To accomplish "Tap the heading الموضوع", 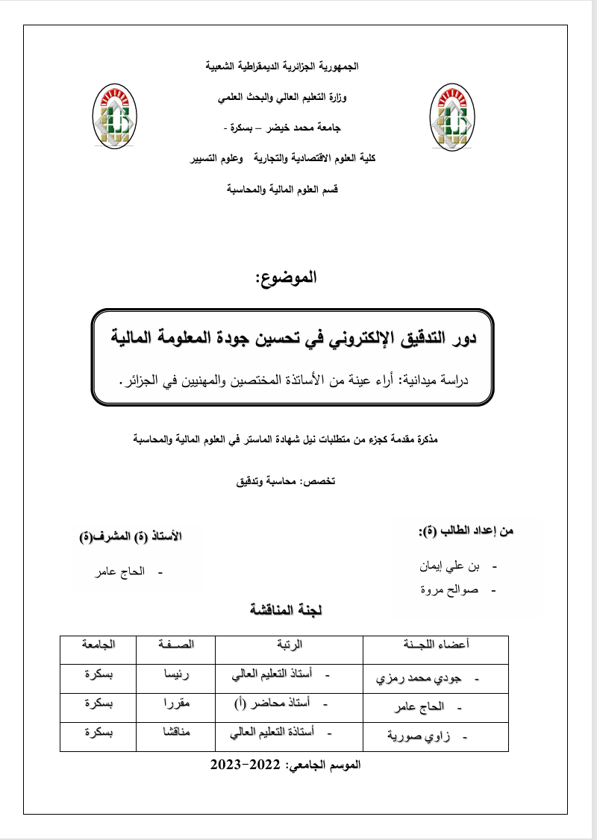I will tap(286, 278).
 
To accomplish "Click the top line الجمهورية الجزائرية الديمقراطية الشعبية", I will tap(282, 66).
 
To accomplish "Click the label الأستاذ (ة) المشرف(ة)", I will tap(131, 536).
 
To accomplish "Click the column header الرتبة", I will tap(290, 644).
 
